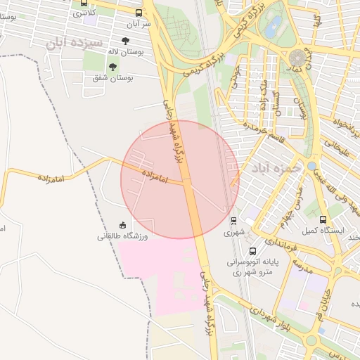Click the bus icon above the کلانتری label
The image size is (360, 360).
click(84, 3)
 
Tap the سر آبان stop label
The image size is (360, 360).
click(138, 23)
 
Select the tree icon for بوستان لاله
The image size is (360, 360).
click(126, 41)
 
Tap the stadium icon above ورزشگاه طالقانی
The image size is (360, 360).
click(123, 225)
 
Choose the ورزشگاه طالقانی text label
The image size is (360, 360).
click(123, 237)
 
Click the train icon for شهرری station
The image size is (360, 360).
click(234, 219)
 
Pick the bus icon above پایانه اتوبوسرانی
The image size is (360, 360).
click(252, 250)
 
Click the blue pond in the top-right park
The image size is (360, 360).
click(273, 25)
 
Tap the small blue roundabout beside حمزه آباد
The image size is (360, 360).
click(312, 165)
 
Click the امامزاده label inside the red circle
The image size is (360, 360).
click(153, 176)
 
